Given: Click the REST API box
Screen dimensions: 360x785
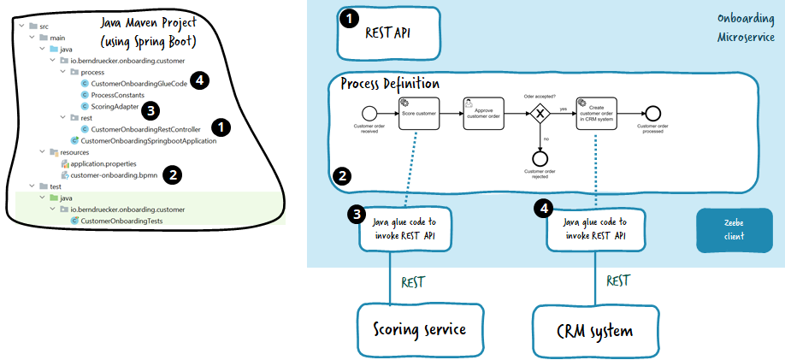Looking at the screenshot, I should [387, 32].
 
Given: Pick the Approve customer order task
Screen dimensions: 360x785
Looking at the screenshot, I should [482, 113].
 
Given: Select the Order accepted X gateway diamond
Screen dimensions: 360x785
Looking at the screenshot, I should [540, 113].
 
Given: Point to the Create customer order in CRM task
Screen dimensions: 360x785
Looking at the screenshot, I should [597, 113].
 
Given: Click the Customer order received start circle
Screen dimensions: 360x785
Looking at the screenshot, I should [369, 113].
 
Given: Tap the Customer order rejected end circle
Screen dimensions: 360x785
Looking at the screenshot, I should [540, 157].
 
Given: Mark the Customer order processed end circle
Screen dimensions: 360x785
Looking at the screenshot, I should [653, 113].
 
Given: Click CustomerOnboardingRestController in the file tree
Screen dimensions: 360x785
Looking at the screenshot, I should [139, 129].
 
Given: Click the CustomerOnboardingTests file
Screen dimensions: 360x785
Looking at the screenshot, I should [121, 221].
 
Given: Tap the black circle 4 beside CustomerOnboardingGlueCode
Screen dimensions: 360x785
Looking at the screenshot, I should [199, 80].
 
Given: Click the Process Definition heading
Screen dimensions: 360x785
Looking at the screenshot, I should [390, 84].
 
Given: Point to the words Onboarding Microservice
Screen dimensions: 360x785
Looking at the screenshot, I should [746, 29].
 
